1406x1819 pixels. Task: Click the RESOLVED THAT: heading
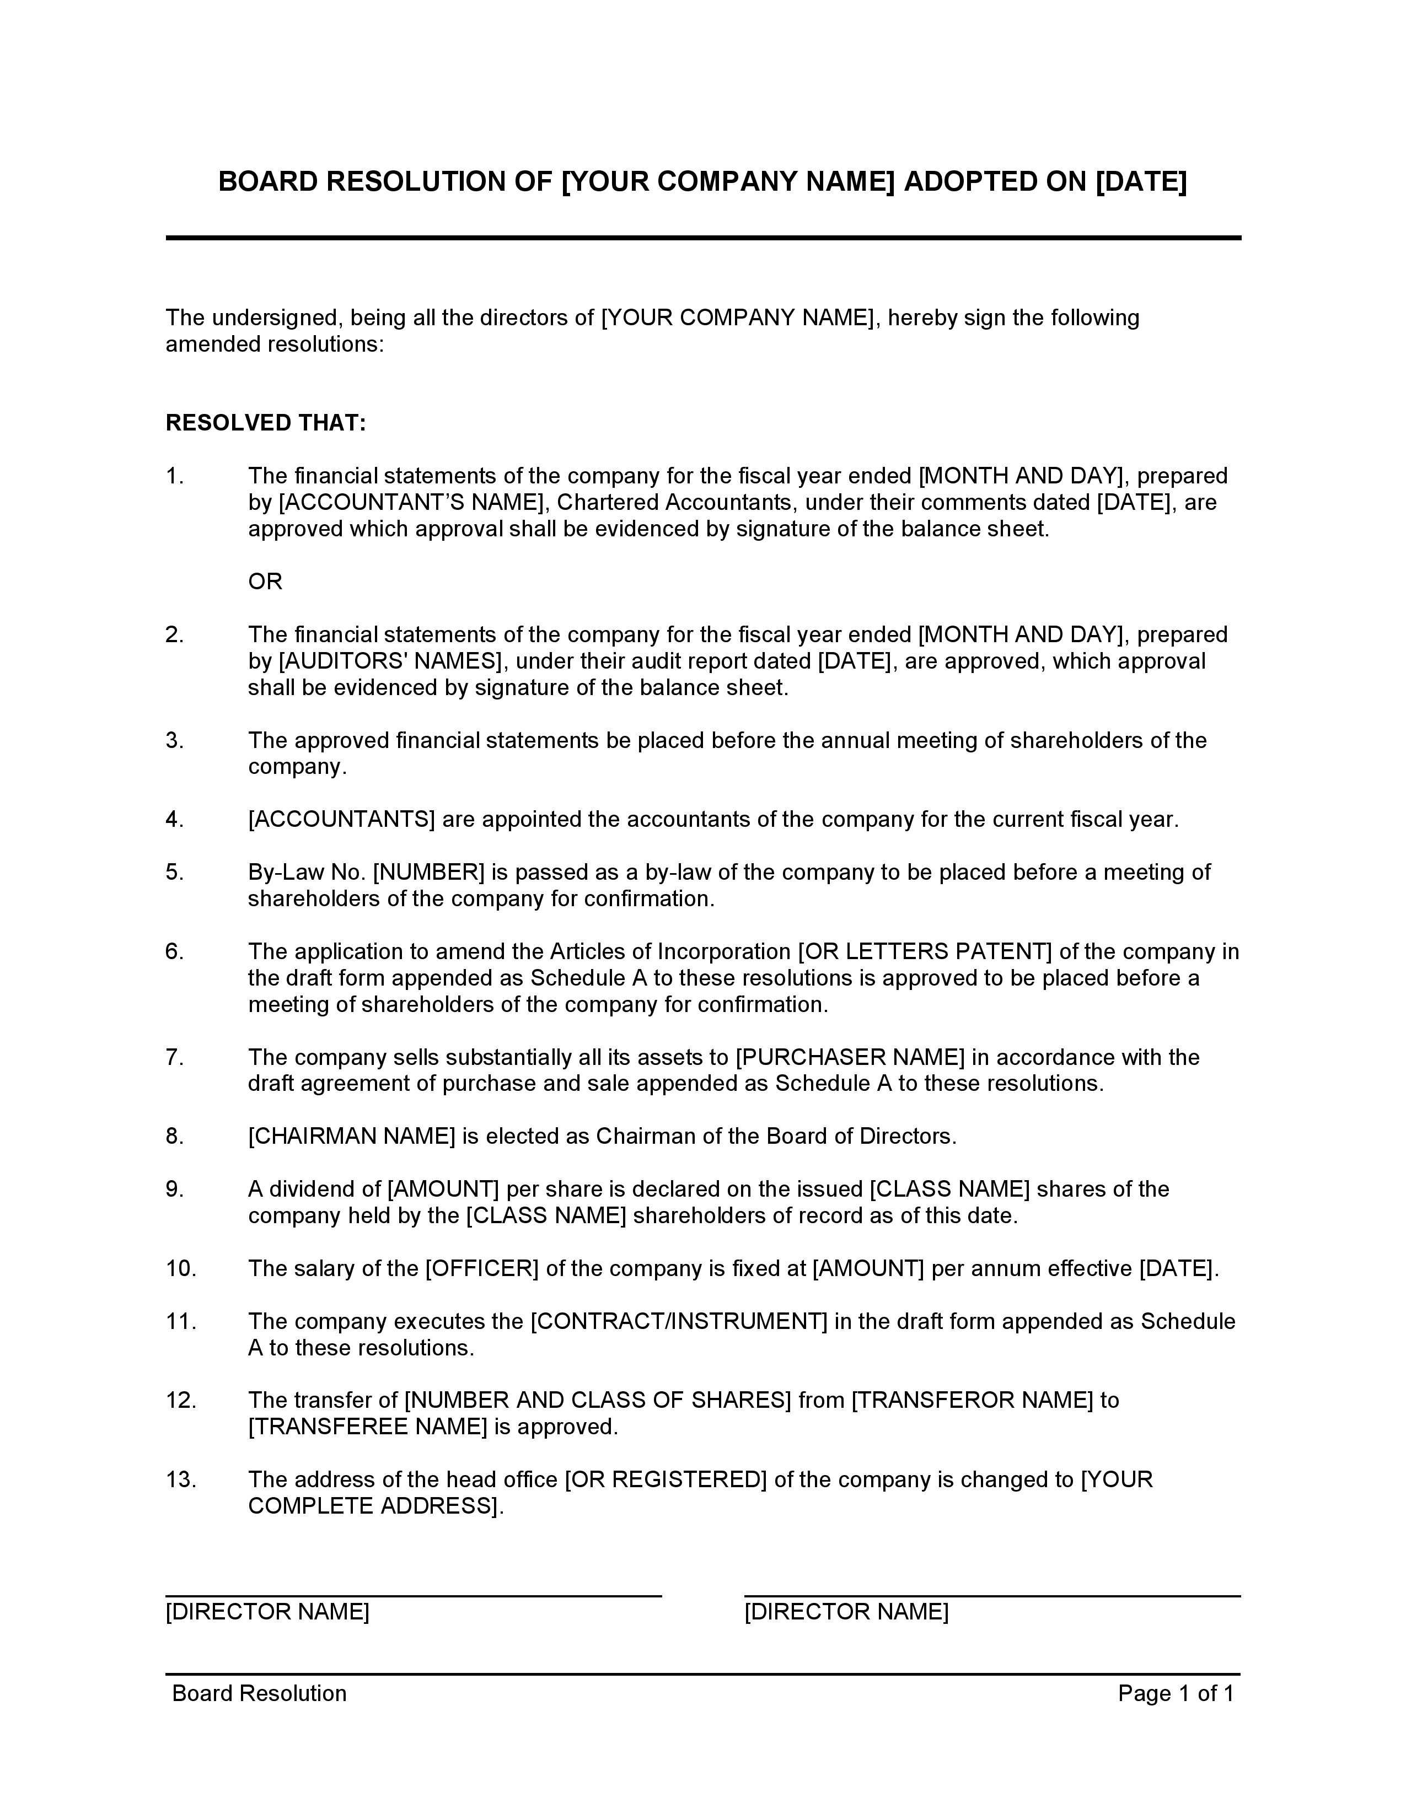266,423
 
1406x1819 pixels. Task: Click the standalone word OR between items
265,582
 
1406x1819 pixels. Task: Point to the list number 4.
174,820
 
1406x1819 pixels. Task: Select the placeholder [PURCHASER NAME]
850,1057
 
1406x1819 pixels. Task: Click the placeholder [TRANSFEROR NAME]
971,1400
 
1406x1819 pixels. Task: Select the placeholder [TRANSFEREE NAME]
367,1427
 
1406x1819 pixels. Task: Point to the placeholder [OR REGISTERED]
665,1479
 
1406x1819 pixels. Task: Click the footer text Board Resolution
259,1693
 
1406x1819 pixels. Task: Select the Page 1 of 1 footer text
1176,1693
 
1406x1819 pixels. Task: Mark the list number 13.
181,1479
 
